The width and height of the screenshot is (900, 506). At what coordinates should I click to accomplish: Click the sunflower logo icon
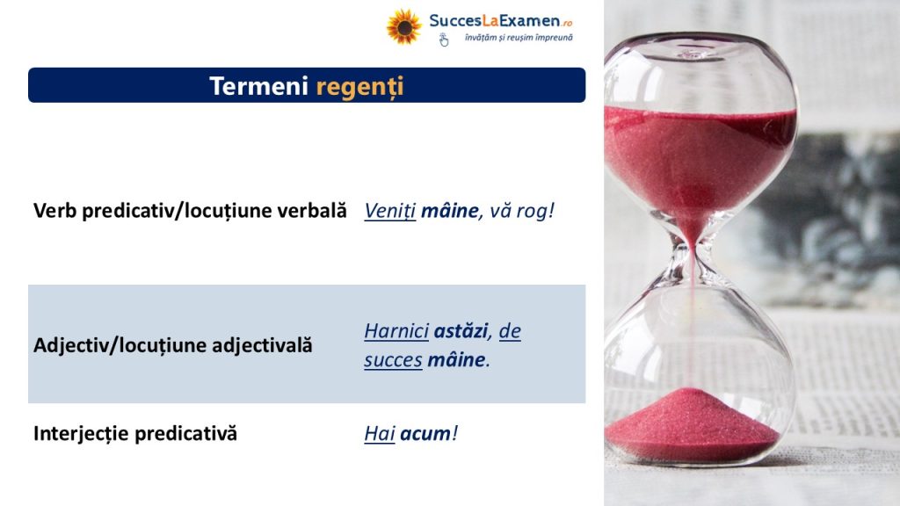(403, 26)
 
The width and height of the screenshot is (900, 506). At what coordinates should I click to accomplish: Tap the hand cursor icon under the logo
(444, 40)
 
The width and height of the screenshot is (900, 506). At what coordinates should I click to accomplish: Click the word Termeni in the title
(259, 86)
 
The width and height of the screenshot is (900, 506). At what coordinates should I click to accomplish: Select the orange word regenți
(359, 87)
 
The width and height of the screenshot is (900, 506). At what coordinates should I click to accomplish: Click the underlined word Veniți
(389, 211)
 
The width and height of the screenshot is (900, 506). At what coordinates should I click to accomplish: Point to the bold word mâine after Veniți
(449, 211)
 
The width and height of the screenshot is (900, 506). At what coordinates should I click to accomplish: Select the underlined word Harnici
(396, 331)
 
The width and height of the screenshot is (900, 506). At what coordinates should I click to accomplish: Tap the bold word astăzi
(461, 331)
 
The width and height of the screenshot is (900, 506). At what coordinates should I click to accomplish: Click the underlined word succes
(393, 360)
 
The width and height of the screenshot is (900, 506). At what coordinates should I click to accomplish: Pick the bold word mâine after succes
(456, 359)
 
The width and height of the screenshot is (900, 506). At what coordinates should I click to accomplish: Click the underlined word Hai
(380, 434)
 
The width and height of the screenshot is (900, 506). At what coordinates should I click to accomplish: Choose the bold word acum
(425, 434)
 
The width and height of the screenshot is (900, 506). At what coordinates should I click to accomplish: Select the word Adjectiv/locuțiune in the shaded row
(120, 345)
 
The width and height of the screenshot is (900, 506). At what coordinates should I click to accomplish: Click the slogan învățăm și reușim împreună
(519, 38)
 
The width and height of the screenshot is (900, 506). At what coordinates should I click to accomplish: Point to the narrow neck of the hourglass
(693, 252)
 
